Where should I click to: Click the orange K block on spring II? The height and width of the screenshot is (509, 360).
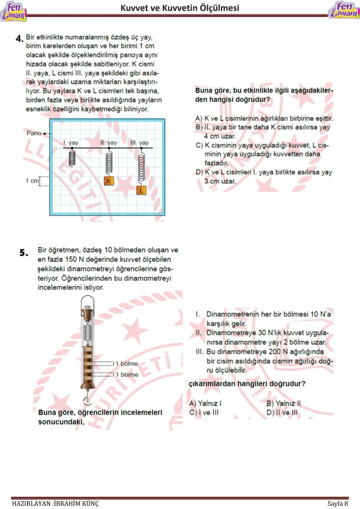pyautogui.click(x=109, y=180)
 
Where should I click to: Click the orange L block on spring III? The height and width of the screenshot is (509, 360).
pyautogui.click(x=141, y=190)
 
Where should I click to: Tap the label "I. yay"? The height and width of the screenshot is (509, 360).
pyautogui.click(x=71, y=143)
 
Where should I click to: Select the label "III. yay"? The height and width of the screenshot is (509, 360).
pyautogui.click(x=140, y=143)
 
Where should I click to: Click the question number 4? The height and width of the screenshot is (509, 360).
pyautogui.click(x=19, y=39)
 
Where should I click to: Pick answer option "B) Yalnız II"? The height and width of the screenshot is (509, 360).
pyautogui.click(x=283, y=403)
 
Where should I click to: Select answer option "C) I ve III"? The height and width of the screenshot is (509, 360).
pyautogui.click(x=204, y=412)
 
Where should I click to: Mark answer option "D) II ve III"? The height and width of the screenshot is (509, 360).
pyautogui.click(x=282, y=412)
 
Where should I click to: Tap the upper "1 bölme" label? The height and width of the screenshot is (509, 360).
pyautogui.click(x=126, y=363)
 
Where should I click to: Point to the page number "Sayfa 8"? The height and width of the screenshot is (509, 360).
pyautogui.click(x=337, y=503)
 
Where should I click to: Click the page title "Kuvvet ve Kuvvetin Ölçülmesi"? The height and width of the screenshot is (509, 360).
pyautogui.click(x=180, y=8)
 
